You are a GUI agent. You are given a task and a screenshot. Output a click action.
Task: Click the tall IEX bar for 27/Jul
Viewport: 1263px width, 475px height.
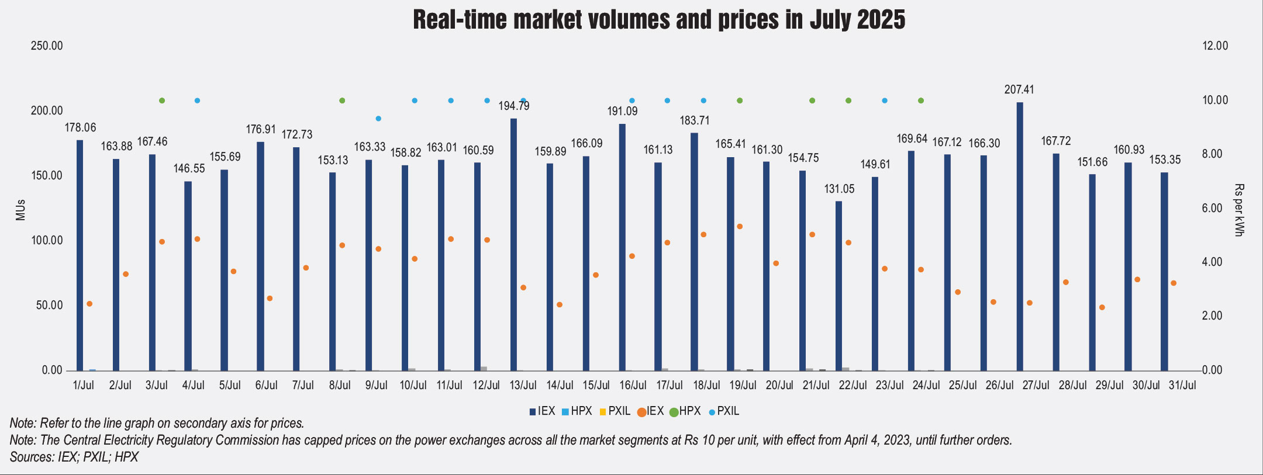tap(1020, 237)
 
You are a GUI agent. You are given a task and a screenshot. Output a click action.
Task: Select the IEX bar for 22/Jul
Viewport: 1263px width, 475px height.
tap(838, 286)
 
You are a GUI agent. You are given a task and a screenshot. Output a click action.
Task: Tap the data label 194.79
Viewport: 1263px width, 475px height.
tap(514, 106)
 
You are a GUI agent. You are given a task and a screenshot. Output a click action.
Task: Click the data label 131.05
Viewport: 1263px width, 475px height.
tap(840, 189)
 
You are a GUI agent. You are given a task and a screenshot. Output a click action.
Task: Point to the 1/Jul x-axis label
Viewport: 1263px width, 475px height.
tap(84, 385)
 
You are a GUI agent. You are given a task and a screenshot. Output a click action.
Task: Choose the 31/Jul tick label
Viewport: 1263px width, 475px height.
tap(1182, 385)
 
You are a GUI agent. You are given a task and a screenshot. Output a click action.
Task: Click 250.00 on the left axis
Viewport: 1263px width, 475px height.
tap(47, 46)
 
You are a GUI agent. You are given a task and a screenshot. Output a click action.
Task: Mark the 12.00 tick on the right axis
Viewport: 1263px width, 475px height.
tap(1215, 46)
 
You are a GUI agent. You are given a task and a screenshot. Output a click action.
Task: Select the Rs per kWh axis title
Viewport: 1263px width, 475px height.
tap(1238, 210)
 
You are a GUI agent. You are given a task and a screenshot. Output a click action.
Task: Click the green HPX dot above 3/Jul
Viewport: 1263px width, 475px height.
tap(162, 100)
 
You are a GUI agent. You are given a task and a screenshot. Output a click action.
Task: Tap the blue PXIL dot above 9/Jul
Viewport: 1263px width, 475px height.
tap(378, 119)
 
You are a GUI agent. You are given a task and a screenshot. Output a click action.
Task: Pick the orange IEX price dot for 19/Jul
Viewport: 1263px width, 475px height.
tap(740, 227)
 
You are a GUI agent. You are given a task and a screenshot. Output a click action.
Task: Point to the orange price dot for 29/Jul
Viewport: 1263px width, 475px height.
tap(1102, 307)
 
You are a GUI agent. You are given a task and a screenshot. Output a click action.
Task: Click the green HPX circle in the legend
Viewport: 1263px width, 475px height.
tap(674, 412)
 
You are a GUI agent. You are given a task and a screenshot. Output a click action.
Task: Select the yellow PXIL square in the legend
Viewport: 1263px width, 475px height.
tap(603, 412)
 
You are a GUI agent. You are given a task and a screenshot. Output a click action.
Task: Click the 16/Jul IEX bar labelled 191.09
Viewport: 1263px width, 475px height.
tap(622, 247)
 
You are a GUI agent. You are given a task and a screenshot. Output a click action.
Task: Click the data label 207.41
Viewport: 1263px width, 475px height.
tap(1019, 89)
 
